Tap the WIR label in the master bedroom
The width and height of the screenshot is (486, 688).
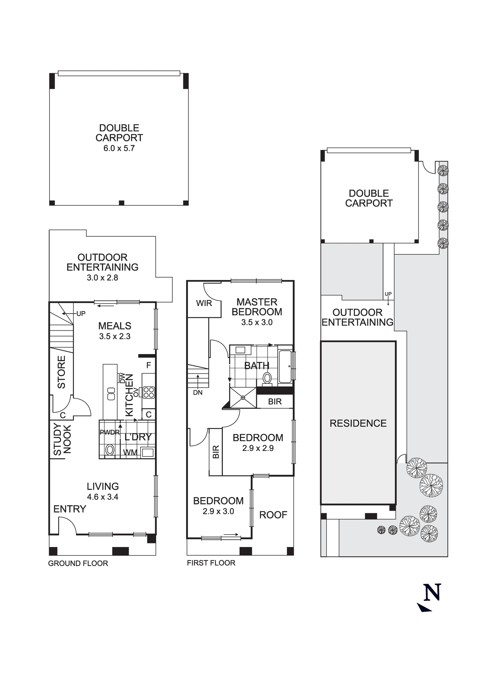[204, 303]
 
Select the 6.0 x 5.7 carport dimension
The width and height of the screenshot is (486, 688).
[119, 148]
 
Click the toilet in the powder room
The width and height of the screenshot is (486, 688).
[110, 449]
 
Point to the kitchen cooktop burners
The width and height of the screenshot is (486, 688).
[149, 392]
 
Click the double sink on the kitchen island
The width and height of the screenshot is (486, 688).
[111, 394]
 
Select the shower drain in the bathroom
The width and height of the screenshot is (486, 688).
[243, 398]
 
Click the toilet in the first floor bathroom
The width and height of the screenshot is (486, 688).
[267, 378]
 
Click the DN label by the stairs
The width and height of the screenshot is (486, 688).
[198, 393]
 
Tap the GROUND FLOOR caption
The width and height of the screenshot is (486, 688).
[78, 563]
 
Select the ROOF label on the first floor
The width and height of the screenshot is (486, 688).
[273, 515]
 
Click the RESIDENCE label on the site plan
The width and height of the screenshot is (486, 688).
[358, 423]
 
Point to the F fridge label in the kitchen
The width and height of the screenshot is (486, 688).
[149, 365]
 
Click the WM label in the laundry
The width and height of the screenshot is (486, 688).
[130, 452]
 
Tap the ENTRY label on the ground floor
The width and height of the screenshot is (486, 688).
[70, 509]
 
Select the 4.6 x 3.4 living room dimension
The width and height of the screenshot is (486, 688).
[102, 497]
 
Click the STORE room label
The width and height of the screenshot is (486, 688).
[61, 372]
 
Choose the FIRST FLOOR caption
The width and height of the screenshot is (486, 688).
[211, 563]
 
